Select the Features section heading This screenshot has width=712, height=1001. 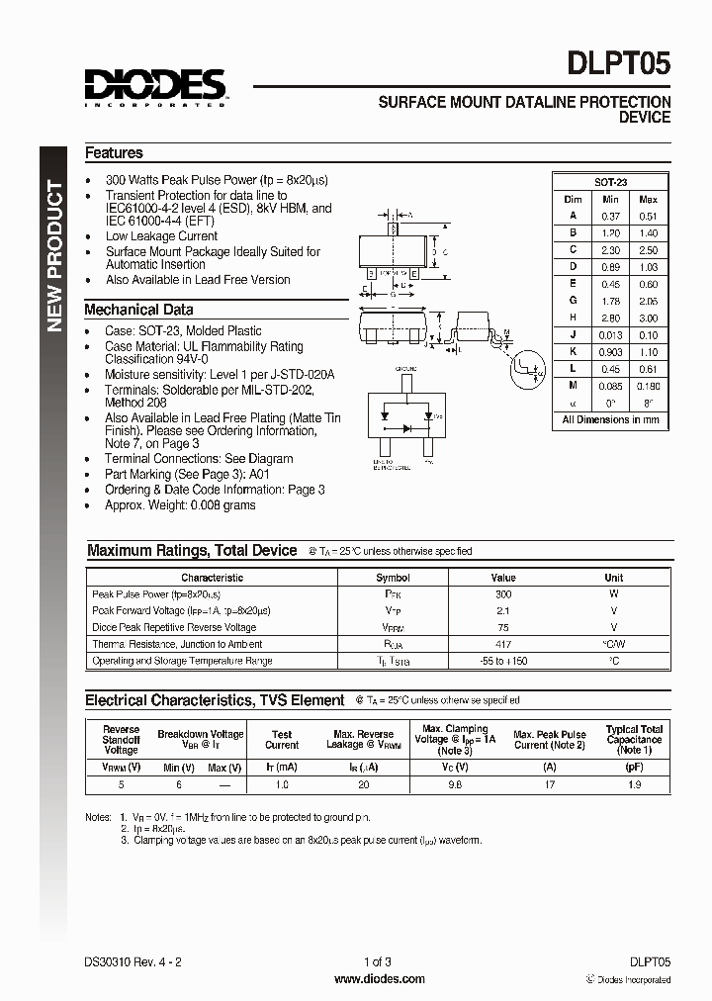(x=114, y=153)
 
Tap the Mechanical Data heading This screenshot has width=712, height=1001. (x=138, y=310)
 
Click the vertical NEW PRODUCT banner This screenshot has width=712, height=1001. (x=55, y=257)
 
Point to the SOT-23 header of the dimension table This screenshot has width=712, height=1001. (x=610, y=182)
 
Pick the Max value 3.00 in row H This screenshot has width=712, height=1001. (x=648, y=318)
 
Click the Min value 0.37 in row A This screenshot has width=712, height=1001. (x=610, y=216)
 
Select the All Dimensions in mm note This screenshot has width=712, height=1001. (x=610, y=419)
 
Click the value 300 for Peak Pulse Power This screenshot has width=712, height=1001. (x=503, y=594)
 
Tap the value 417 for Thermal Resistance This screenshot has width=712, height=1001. (x=503, y=644)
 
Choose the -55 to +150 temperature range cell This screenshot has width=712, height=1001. (x=503, y=661)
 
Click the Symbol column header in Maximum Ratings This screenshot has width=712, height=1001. (x=393, y=578)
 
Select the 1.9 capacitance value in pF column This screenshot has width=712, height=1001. (x=634, y=784)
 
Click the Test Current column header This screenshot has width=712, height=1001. (x=282, y=740)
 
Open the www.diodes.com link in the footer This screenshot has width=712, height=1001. (x=380, y=979)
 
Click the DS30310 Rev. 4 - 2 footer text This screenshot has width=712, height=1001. (x=133, y=961)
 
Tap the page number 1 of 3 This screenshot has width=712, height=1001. (x=380, y=961)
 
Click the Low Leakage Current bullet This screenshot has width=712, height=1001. (x=161, y=236)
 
